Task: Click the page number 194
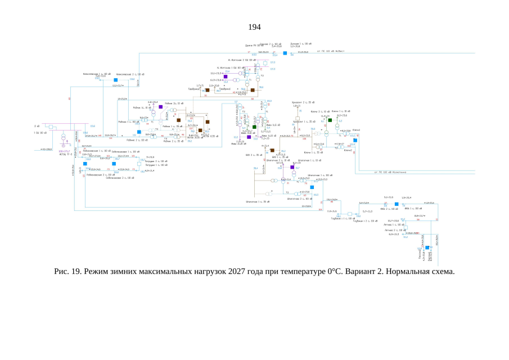[x=254, y=27]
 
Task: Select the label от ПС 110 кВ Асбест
[x=332, y=51]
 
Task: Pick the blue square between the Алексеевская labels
[x=115, y=80]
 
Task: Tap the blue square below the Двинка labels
[x=285, y=53]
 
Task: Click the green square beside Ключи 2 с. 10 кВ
[x=330, y=120]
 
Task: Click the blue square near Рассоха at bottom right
[x=427, y=247]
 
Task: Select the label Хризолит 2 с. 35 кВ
[x=301, y=102]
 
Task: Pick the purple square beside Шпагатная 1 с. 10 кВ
[x=292, y=167]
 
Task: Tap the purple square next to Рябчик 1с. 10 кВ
[x=160, y=106]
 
